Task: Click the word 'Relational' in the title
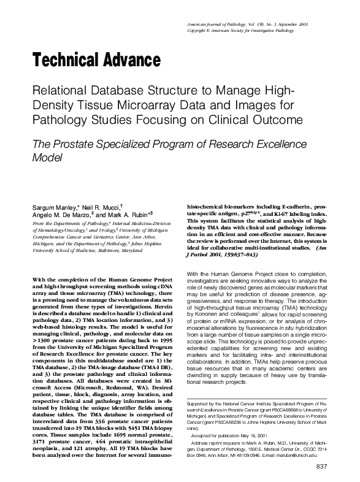(x=60, y=91)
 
